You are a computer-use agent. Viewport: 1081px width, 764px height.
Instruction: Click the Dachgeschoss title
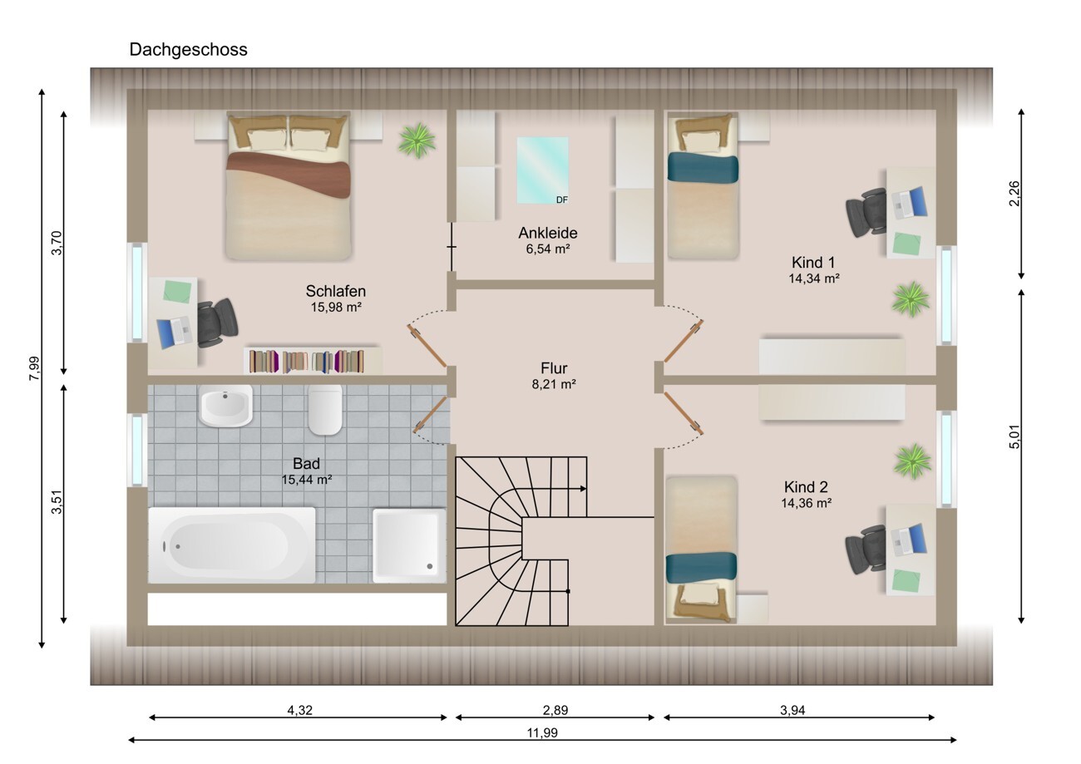(188, 50)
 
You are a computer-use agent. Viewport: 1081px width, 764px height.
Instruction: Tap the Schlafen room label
(335, 291)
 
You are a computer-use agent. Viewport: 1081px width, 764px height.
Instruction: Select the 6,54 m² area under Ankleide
(548, 249)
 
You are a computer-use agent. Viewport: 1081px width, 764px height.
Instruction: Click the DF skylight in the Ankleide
(542, 170)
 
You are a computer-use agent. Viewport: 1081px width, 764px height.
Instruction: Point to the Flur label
(554, 368)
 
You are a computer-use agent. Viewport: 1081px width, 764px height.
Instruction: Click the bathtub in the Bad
(232, 545)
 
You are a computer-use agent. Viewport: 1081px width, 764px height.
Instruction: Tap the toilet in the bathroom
(325, 409)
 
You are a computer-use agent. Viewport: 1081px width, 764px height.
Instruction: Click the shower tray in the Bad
(409, 545)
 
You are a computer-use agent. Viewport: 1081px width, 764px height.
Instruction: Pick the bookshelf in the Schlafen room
(313, 360)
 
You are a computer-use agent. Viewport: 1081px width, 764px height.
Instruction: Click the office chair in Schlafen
(217, 323)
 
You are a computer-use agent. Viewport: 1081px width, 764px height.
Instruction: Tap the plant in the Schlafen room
(417, 140)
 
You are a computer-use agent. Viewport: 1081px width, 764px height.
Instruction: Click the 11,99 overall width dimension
(542, 732)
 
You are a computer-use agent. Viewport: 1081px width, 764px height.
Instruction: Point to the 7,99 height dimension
(34, 368)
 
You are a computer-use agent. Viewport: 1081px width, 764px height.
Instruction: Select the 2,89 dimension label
(555, 710)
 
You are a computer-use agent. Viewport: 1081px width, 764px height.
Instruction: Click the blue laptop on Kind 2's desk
(909, 540)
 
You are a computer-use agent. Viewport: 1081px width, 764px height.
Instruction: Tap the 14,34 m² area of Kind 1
(813, 278)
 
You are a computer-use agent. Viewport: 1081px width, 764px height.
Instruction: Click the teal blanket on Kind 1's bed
(703, 168)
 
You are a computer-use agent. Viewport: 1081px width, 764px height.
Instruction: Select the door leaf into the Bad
(430, 413)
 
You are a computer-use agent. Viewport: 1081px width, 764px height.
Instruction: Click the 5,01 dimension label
(1014, 436)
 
